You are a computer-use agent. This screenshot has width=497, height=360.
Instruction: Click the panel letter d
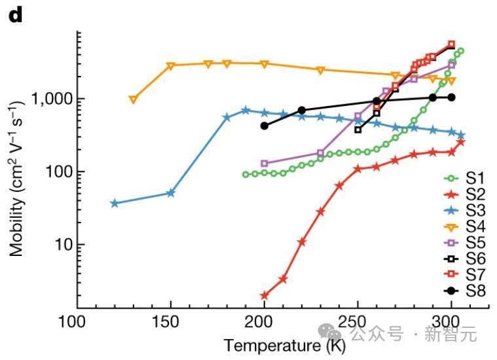(x=15, y=15)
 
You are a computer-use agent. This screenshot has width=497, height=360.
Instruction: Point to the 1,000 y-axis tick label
(x=50, y=99)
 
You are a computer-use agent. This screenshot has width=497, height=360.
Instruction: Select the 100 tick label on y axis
(x=56, y=172)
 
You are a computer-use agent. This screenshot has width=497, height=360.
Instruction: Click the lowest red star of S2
(x=265, y=296)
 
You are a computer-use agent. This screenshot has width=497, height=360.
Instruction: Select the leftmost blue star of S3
(x=115, y=204)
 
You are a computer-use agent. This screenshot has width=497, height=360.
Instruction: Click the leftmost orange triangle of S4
(x=133, y=99)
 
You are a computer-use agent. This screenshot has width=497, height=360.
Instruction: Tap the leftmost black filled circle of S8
(x=265, y=126)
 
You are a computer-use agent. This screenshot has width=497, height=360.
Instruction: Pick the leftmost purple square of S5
(x=265, y=164)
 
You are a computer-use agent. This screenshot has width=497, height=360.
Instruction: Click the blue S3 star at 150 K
(x=171, y=193)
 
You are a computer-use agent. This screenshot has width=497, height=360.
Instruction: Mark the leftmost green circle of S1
(x=246, y=175)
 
